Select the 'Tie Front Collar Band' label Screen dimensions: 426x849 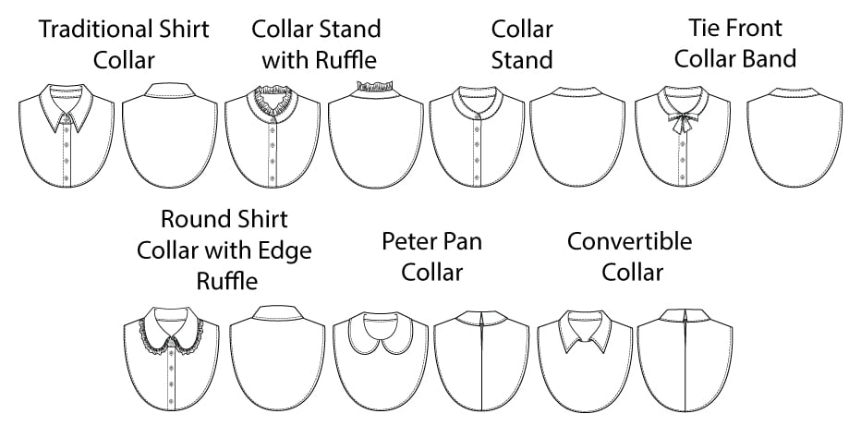pyautogui.click(x=735, y=44)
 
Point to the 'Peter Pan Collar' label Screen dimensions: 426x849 pyautogui.click(x=432, y=257)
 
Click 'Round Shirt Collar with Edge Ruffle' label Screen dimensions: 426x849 pyautogui.click(x=224, y=250)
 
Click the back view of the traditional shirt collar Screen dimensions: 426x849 pyautogui.click(x=169, y=139)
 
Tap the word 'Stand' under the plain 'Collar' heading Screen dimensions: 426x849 pyautogui.click(x=522, y=61)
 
